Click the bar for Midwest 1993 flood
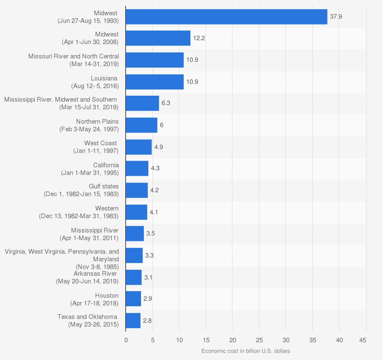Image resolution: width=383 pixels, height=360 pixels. click(226, 17)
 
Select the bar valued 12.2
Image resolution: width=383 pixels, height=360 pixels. click(158, 38)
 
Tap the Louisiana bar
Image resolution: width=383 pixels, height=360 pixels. click(154, 82)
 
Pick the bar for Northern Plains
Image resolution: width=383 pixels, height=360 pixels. click(141, 125)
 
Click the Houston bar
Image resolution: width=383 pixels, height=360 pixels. click(133, 299)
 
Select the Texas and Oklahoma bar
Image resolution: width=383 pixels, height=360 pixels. click(133, 321)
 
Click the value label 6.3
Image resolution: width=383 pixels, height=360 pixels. click(166, 103)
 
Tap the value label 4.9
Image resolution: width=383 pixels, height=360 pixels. click(159, 147)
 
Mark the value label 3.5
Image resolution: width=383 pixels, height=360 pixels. click(150, 233)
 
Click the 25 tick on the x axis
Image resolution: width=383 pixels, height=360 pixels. click(259, 340)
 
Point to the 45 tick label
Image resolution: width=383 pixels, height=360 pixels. click(363, 340)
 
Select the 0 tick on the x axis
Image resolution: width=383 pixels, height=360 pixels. click(126, 340)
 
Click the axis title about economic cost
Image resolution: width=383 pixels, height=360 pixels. click(245, 351)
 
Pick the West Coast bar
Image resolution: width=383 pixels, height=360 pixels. click(138, 147)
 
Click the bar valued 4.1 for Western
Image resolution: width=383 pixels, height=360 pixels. click(136, 212)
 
